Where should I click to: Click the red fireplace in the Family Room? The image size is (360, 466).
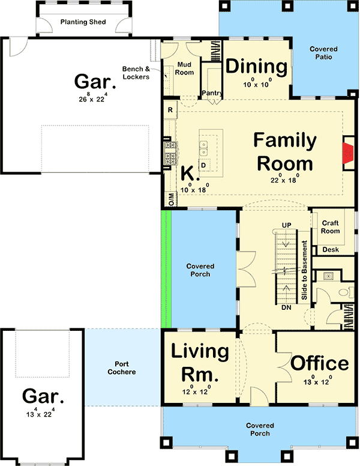point(348,153)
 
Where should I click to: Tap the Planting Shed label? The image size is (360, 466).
point(83,22)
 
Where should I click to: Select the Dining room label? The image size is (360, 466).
point(256,67)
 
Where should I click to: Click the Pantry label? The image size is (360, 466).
point(212,93)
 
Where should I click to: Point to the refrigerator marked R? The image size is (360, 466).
point(170,110)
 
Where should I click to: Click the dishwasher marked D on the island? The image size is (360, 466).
point(204,165)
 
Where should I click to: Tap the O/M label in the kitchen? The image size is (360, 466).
point(172,199)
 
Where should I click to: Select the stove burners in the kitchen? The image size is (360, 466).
point(170,153)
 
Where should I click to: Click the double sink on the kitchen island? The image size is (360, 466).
point(204,148)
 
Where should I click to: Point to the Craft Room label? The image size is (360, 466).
point(330,227)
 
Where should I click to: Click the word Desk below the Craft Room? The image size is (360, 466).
point(331,250)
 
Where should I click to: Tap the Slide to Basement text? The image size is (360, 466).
point(304,270)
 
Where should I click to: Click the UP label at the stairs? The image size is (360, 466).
point(287,225)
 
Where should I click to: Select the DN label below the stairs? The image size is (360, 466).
point(286,307)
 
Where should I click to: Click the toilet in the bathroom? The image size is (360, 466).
point(346,292)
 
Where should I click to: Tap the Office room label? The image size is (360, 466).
point(320,363)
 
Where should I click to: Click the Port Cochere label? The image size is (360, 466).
point(122,368)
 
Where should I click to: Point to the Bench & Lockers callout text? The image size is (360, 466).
point(136,73)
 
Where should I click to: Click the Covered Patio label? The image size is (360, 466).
point(323,53)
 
